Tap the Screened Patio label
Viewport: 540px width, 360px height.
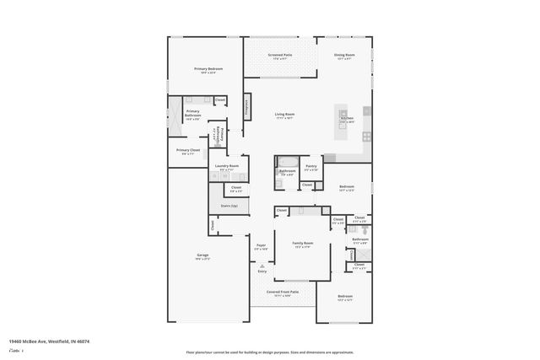tap(280, 56)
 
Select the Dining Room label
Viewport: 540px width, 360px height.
tap(345, 56)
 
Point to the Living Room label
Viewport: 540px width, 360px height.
tap(283, 116)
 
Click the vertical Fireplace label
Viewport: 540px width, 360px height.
tap(247, 106)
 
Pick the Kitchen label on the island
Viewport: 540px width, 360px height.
tap(347, 120)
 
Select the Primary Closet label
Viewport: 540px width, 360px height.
tap(188, 152)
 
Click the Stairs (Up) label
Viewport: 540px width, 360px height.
tap(229, 206)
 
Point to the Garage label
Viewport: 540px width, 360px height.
tap(202, 256)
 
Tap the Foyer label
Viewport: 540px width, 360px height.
tap(261, 247)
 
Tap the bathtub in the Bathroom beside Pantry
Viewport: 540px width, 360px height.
tap(285, 162)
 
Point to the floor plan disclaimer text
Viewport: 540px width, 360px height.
tap(270, 352)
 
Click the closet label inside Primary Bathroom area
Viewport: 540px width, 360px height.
tap(219, 100)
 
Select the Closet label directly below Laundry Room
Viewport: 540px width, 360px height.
tap(236, 189)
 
